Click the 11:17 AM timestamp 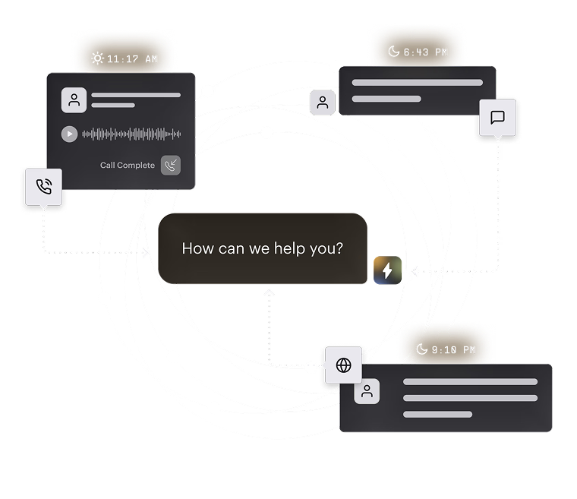(132, 59)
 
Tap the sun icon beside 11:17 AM (97, 58)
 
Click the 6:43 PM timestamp (425, 52)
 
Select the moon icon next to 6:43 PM (394, 51)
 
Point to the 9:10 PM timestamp (453, 349)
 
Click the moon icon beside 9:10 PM (421, 349)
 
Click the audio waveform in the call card (131, 134)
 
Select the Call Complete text (128, 165)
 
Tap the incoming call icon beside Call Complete (171, 166)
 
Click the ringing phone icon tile (44, 187)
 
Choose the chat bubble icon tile (497, 118)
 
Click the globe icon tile (343, 365)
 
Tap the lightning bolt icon (387, 270)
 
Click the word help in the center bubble (290, 248)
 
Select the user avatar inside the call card (74, 100)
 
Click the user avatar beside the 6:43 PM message (323, 103)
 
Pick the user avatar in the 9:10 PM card (367, 391)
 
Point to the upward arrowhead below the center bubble (269, 292)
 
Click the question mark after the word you (339, 248)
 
